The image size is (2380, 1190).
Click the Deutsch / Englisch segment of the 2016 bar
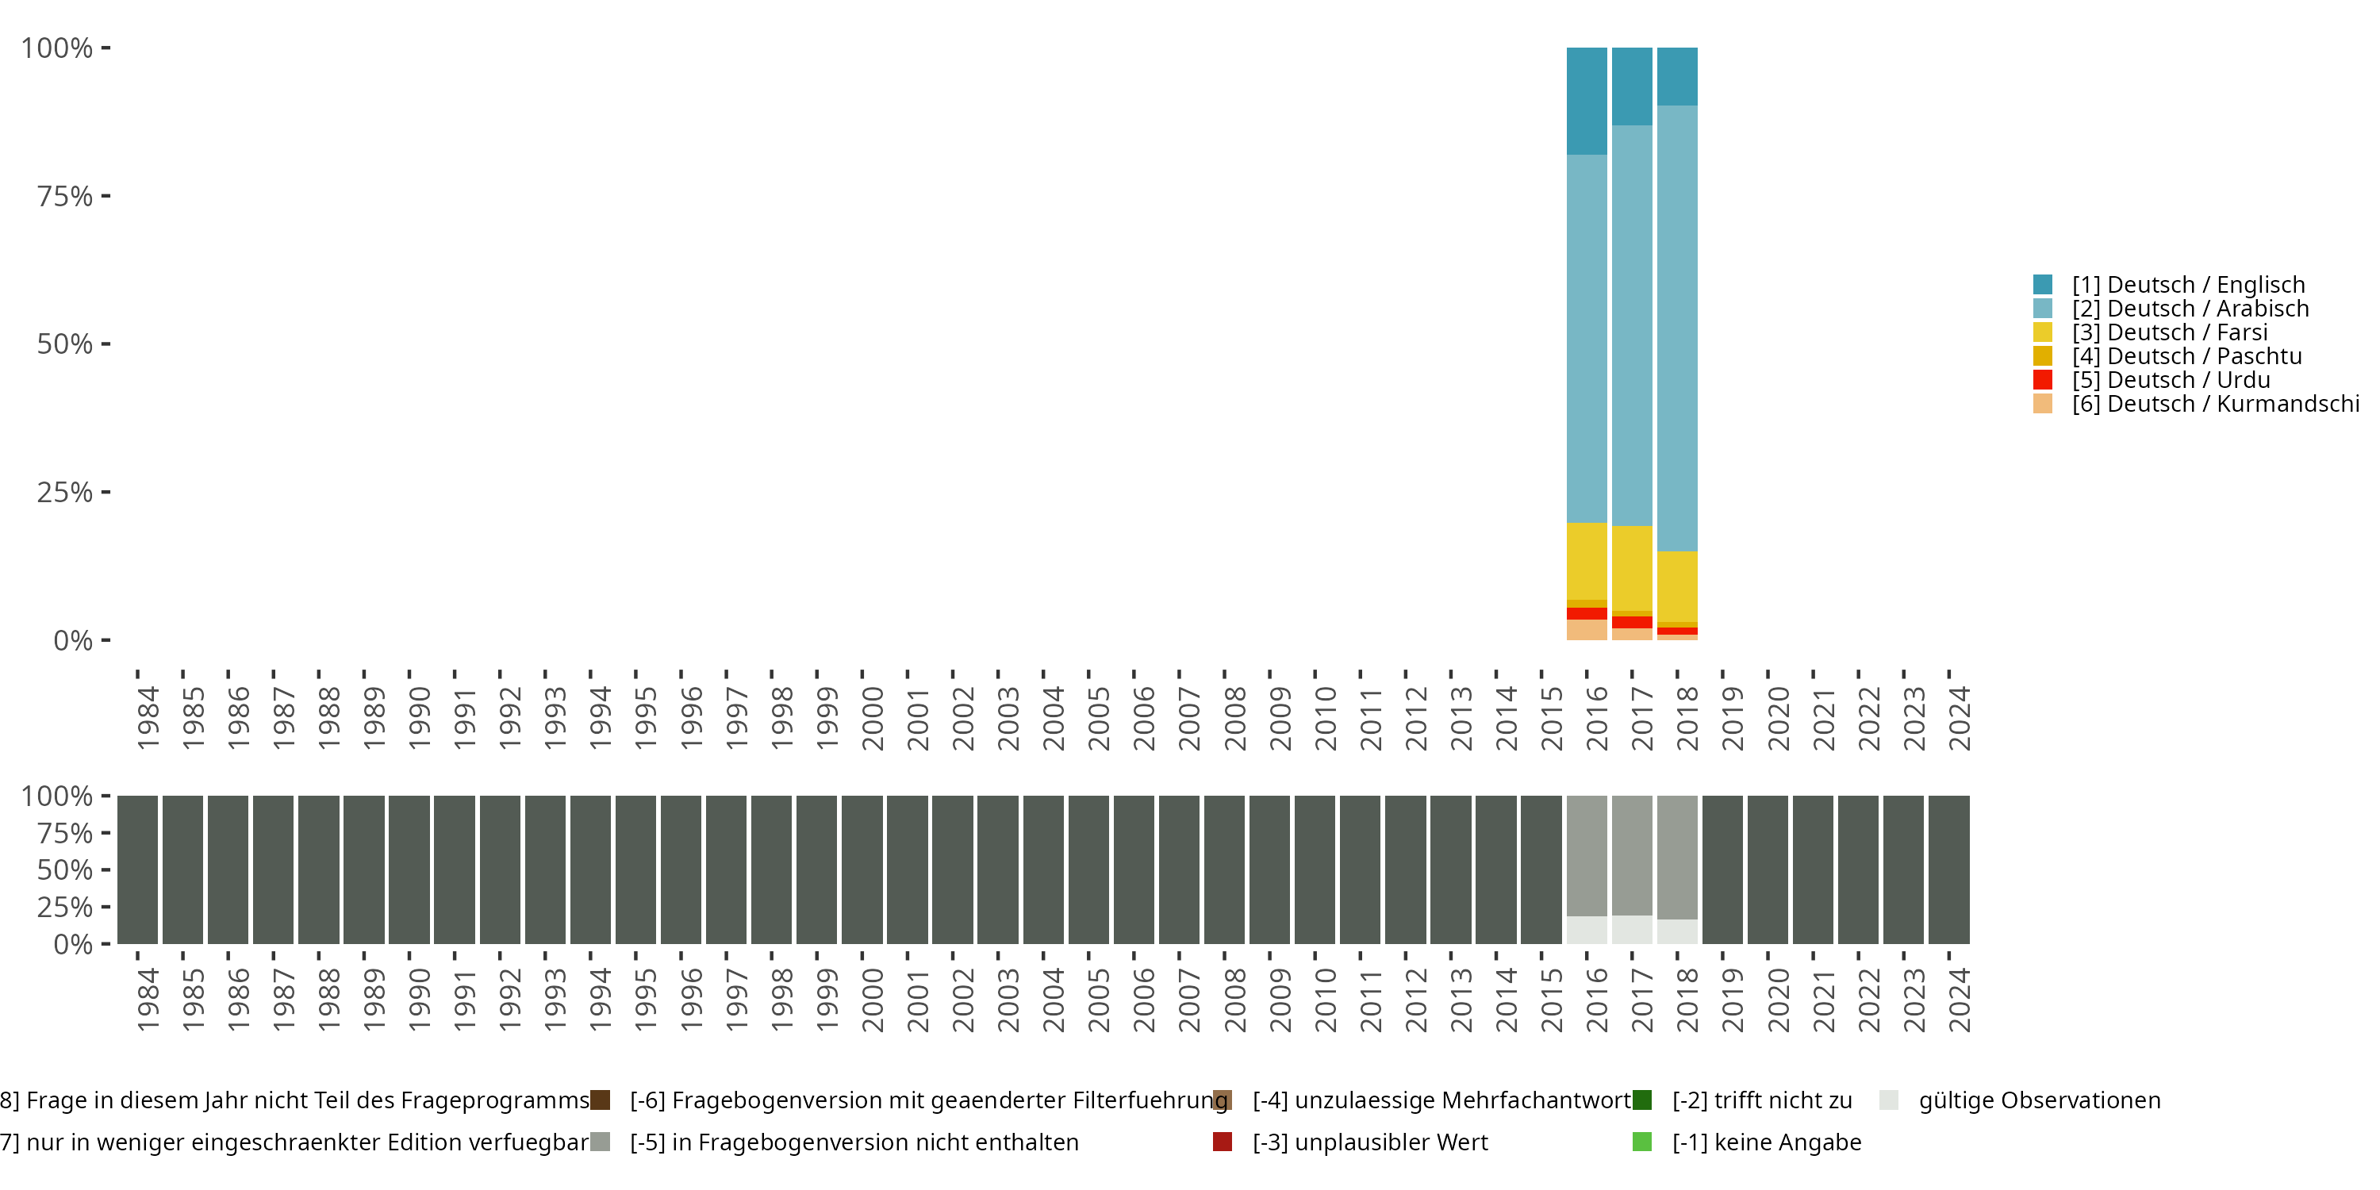(1587, 100)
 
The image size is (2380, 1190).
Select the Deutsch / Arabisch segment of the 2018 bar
(1677, 328)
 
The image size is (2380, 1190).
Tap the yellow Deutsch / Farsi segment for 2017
(1632, 567)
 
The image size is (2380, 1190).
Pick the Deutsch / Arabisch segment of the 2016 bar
(1587, 338)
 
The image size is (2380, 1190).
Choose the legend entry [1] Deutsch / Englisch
(2188, 285)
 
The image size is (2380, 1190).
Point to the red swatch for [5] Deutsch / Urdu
(2043, 380)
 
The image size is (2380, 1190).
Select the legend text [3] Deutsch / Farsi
(2169, 332)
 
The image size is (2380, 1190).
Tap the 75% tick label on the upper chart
(65, 196)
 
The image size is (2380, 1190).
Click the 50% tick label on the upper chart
(65, 344)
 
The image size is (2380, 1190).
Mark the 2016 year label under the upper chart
(1596, 718)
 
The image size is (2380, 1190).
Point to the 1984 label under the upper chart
(148, 718)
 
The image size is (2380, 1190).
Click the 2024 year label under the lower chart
(1959, 1000)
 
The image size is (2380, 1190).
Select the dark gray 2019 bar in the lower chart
(1722, 869)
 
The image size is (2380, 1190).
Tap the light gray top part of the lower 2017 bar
(1632, 854)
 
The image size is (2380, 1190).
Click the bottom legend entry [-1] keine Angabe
(1766, 1142)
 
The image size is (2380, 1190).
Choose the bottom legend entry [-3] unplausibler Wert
(1369, 1142)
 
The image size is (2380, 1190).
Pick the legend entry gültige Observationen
(2039, 1100)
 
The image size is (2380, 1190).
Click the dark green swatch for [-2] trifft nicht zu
(1641, 1100)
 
